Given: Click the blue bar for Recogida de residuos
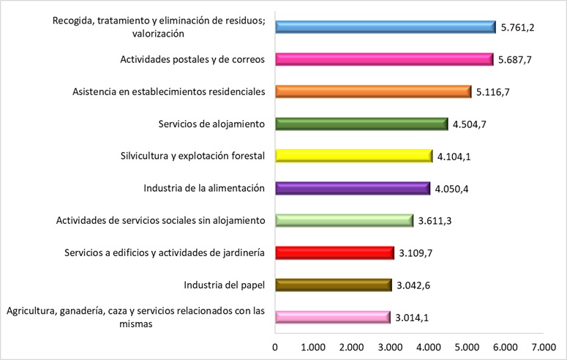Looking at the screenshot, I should pyautogui.click(x=386, y=28).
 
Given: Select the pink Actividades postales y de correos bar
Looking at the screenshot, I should pyautogui.click(x=384, y=59).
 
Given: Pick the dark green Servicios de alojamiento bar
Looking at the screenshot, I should pyautogui.click(x=361, y=124).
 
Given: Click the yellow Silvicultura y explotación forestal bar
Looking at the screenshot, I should pyautogui.click(x=353, y=156).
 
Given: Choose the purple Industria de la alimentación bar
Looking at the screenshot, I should pyautogui.click(x=353, y=188).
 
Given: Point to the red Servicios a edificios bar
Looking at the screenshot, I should pyautogui.click(x=334, y=252).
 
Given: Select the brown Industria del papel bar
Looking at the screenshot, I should pyautogui.click(x=334, y=285).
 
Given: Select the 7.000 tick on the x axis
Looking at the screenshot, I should pyautogui.click(x=543, y=345).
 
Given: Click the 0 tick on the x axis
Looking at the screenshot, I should pyautogui.click(x=275, y=345).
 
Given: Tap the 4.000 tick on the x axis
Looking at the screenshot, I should pyautogui.click(x=428, y=345).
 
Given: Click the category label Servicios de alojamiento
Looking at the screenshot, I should pyautogui.click(x=211, y=124).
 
